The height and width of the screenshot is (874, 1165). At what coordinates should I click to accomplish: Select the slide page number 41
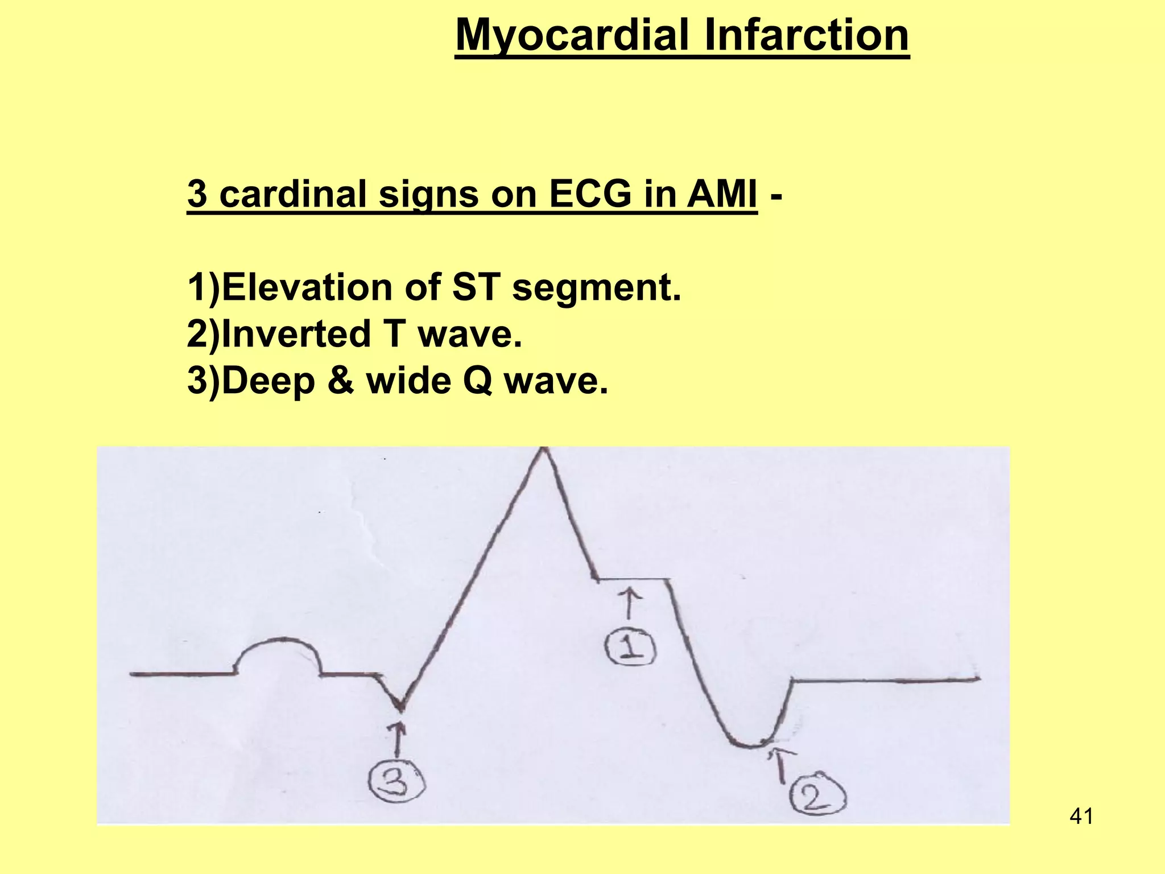(1081, 817)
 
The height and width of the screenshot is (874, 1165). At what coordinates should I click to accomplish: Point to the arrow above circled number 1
(629, 604)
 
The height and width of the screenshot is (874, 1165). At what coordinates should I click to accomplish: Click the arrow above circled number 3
(399, 739)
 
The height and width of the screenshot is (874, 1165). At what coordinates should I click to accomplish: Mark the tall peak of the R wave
(544, 451)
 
